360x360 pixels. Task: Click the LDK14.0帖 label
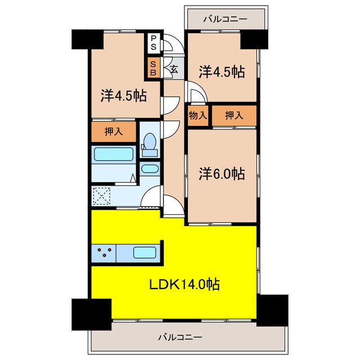[184, 285]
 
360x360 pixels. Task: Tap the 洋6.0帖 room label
[222, 174]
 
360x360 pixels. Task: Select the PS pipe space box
[154, 43]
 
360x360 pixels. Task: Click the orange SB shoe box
[154, 68]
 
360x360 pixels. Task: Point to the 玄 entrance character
[174, 69]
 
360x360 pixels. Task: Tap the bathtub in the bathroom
[114, 154]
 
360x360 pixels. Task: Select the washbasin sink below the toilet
[150, 169]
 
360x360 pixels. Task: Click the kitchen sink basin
[145, 253]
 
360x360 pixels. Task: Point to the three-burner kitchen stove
[104, 253]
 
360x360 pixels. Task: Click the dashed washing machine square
[101, 196]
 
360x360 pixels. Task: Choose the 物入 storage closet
[198, 115]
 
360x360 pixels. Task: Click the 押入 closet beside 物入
[234, 115]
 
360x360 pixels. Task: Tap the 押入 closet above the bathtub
[114, 132]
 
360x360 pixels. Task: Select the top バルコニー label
[226, 19]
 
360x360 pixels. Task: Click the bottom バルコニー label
[180, 337]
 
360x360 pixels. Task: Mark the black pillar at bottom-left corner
[92, 314]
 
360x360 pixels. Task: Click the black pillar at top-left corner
[88, 39]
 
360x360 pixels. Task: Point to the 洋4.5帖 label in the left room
[124, 96]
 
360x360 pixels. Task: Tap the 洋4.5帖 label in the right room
[222, 72]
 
